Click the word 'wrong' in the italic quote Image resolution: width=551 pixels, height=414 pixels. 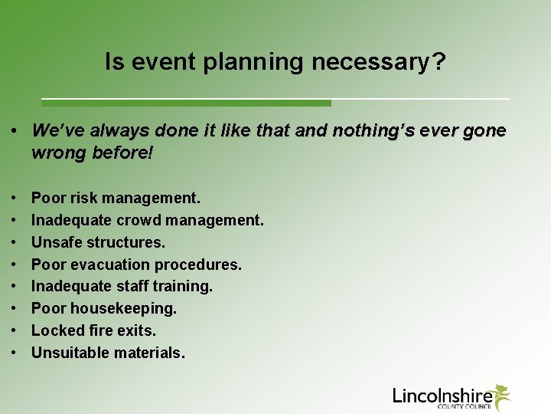(58, 153)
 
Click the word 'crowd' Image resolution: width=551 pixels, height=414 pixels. (141, 220)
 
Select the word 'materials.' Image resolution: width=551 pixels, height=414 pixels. (149, 353)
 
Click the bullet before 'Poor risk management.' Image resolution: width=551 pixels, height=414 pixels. (16, 198)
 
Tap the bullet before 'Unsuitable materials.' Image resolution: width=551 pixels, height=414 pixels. (16, 353)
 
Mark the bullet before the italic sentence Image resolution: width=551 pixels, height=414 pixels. (16, 131)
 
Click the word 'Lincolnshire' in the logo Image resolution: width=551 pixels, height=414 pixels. (442, 395)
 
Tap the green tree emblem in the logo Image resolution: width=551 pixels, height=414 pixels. (501, 395)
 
